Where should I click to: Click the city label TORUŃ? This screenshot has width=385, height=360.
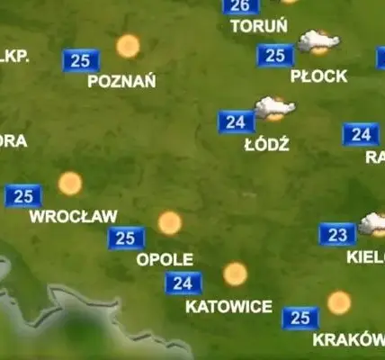coord(259,26)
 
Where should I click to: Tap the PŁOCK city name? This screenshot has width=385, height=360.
coord(318,76)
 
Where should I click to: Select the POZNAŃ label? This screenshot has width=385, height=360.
coord(121,81)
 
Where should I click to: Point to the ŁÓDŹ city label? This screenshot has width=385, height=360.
coord(266,144)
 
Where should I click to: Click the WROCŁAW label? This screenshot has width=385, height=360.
coord(74,216)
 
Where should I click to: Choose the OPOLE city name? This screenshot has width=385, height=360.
coord(165,259)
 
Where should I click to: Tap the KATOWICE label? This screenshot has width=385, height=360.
coord(228,307)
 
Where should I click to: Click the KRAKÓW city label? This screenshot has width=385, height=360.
coord(347,340)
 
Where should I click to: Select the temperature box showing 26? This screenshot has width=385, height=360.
coord(240,5)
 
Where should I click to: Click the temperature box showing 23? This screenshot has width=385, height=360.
coord(337,235)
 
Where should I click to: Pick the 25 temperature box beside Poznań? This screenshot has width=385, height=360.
coord(81,60)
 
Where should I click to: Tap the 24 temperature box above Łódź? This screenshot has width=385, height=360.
coord(237,121)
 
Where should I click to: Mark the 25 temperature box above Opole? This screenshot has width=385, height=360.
coord(126,238)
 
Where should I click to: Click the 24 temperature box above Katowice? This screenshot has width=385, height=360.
coord(184,283)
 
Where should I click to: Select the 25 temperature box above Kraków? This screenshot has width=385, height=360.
coord(300,318)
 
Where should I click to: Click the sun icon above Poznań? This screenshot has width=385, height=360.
coord(128,45)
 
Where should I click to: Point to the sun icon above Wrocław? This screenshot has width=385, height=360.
coord(70,184)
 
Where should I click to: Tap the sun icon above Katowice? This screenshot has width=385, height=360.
coord(235,274)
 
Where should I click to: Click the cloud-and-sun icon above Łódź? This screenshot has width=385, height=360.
coord(274,108)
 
